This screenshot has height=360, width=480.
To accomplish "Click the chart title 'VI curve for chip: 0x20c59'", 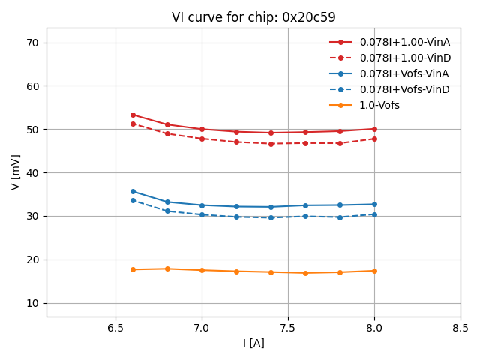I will (x=253, y=17).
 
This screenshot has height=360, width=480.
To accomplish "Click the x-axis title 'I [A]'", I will (x=253, y=343).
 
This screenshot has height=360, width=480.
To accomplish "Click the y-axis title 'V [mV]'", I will (x=16, y=172).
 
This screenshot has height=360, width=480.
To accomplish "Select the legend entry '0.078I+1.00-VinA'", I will (x=404, y=42).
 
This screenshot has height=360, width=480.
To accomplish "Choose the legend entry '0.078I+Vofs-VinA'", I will (x=404, y=73).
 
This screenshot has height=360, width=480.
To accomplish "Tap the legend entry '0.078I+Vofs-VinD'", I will (x=404, y=89).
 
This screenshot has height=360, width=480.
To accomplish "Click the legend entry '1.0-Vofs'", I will (x=379, y=105).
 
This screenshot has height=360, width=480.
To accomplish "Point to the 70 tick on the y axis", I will (x=32, y=43).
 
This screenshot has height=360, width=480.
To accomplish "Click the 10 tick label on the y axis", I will (x=32, y=303).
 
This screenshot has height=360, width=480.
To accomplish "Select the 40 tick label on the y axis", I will (x=32, y=172).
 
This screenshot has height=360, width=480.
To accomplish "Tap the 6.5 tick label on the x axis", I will (x=115, y=328).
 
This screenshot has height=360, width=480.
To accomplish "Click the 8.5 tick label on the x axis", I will (x=460, y=328).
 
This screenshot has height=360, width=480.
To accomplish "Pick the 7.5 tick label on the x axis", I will (x=288, y=328).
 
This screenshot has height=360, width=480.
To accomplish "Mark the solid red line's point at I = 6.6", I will (x=133, y=115).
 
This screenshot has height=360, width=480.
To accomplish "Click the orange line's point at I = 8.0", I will (x=374, y=271).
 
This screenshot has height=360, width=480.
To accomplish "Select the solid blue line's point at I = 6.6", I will (x=133, y=191).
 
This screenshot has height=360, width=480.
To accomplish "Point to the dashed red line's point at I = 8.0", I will (x=374, y=139).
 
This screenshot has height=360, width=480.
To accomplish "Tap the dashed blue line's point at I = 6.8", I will (x=167, y=211).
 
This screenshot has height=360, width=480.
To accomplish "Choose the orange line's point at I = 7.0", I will (x=202, y=270).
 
